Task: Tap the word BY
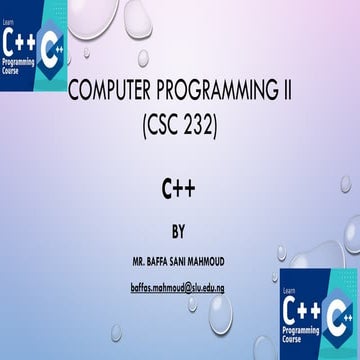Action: [x=180, y=233]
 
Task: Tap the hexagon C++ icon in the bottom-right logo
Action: [x=339, y=312]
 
